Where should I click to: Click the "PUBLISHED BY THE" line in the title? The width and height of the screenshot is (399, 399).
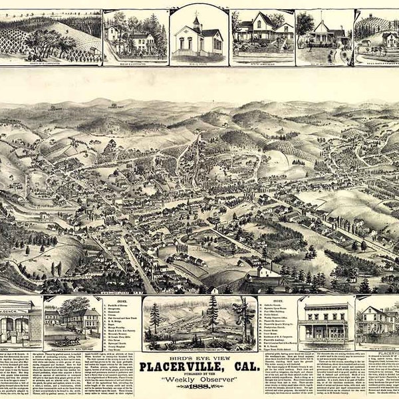(x=199, y=372)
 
